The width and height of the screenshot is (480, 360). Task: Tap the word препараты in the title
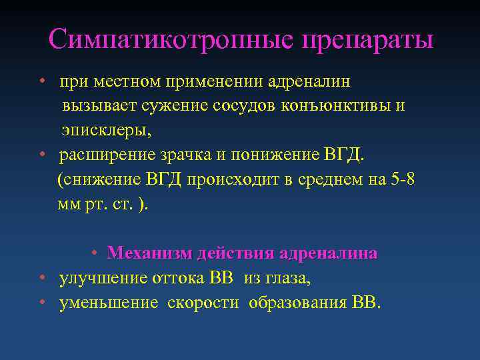tap(367, 41)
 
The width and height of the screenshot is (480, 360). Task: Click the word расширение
tap(107, 155)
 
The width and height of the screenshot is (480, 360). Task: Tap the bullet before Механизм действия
tap(95, 254)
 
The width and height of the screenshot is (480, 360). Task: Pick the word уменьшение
tap(109, 303)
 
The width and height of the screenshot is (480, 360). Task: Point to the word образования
tap(297, 303)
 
